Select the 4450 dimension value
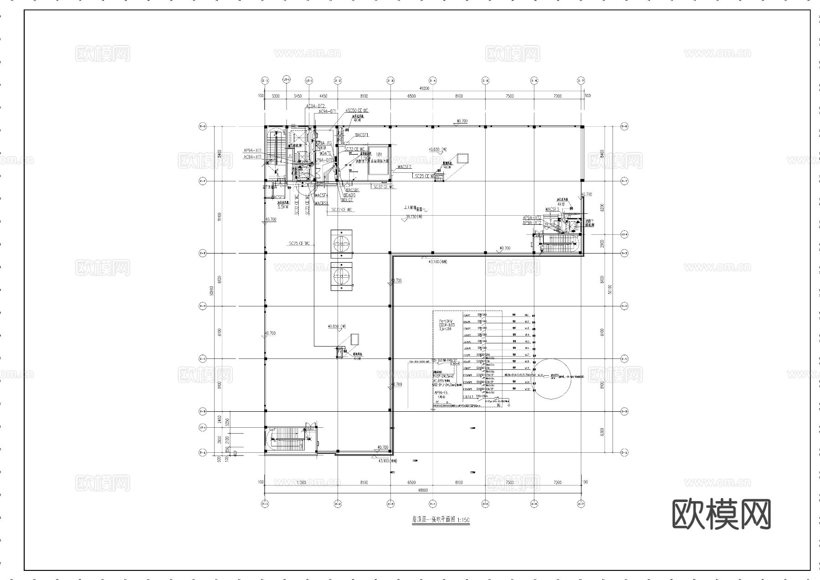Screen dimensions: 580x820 pyautogui.click(x=323, y=96)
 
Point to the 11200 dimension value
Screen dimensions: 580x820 pyautogui.click(x=301, y=482)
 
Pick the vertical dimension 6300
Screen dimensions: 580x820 pyautogui.click(x=602, y=431)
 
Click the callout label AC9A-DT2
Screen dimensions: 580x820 pyautogui.click(x=315, y=106)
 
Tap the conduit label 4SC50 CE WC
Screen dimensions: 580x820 pyautogui.click(x=357, y=111)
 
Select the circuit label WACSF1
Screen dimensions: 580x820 pyautogui.click(x=361, y=135)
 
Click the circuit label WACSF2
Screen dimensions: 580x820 pyautogui.click(x=405, y=167)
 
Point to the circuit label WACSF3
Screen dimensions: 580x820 pyautogui.click(x=552, y=209)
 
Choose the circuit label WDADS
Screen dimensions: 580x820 pyautogui.click(x=349, y=195)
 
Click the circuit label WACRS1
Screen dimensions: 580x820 pyautogui.click(x=321, y=203)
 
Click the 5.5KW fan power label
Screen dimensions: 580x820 pyautogui.click(x=283, y=207)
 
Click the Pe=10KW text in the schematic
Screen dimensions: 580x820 pyautogui.click(x=443, y=321)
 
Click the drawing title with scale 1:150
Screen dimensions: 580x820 pyautogui.click(x=435, y=519)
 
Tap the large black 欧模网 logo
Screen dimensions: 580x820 pyautogui.click(x=722, y=514)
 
